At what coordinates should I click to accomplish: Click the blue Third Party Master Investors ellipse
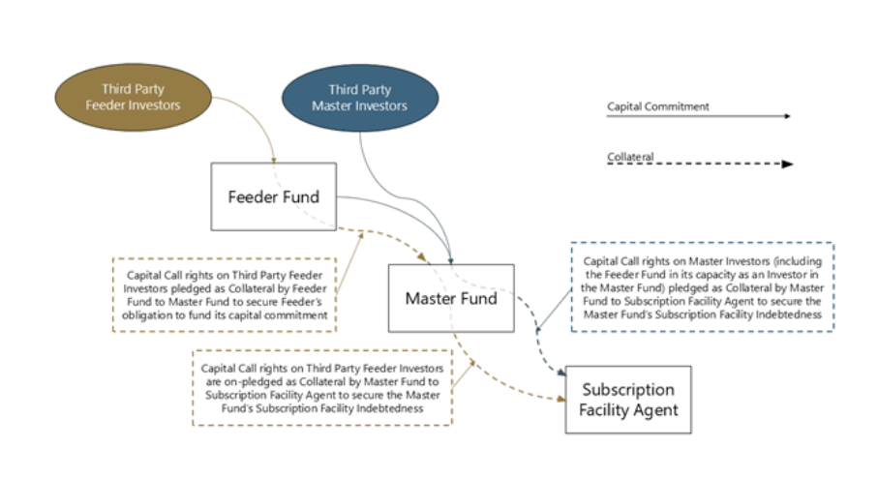(x=359, y=98)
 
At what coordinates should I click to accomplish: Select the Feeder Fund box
(x=273, y=196)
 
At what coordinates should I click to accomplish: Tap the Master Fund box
(x=450, y=298)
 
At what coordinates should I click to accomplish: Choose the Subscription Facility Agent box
(x=627, y=400)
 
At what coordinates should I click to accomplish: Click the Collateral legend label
(x=630, y=156)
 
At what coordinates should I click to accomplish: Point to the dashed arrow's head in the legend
(x=787, y=165)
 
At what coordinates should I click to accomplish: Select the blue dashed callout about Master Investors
(x=702, y=287)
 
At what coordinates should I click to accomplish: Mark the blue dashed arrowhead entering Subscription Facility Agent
(x=561, y=371)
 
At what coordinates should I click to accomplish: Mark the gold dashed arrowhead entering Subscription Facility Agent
(x=560, y=398)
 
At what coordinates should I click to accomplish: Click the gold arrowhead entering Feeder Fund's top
(x=274, y=159)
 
